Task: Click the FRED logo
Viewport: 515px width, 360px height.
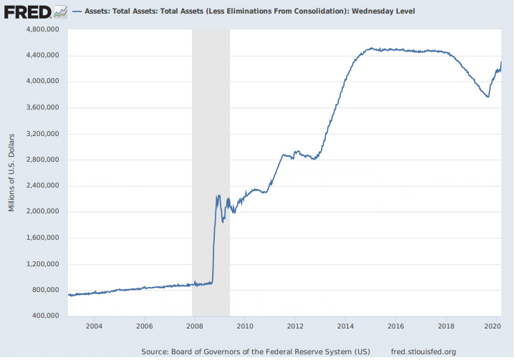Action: coord(27,11)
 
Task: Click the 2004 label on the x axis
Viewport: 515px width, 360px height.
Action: coord(94,326)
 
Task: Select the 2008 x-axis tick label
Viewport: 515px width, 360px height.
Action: coord(194,326)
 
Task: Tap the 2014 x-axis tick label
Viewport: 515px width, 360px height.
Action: coord(345,326)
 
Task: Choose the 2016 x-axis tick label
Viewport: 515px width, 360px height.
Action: coord(395,326)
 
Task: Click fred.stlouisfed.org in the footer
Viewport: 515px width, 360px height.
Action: coord(425,351)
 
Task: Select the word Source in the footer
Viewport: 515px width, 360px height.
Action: coord(155,351)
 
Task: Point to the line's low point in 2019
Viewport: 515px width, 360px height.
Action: coord(488,97)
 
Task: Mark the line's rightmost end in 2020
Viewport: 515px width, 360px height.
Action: coord(501,62)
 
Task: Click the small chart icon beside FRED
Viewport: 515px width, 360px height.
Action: coord(61,11)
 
